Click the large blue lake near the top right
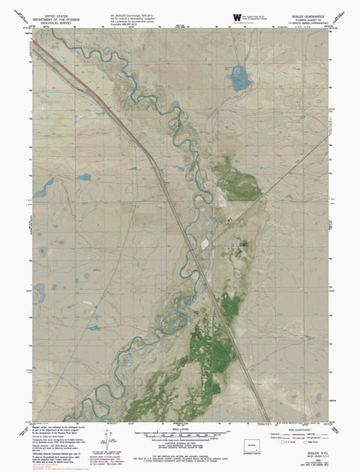[239, 78]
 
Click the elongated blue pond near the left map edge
[43, 186]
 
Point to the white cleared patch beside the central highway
[204, 243]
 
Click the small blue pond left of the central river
[82, 177]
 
